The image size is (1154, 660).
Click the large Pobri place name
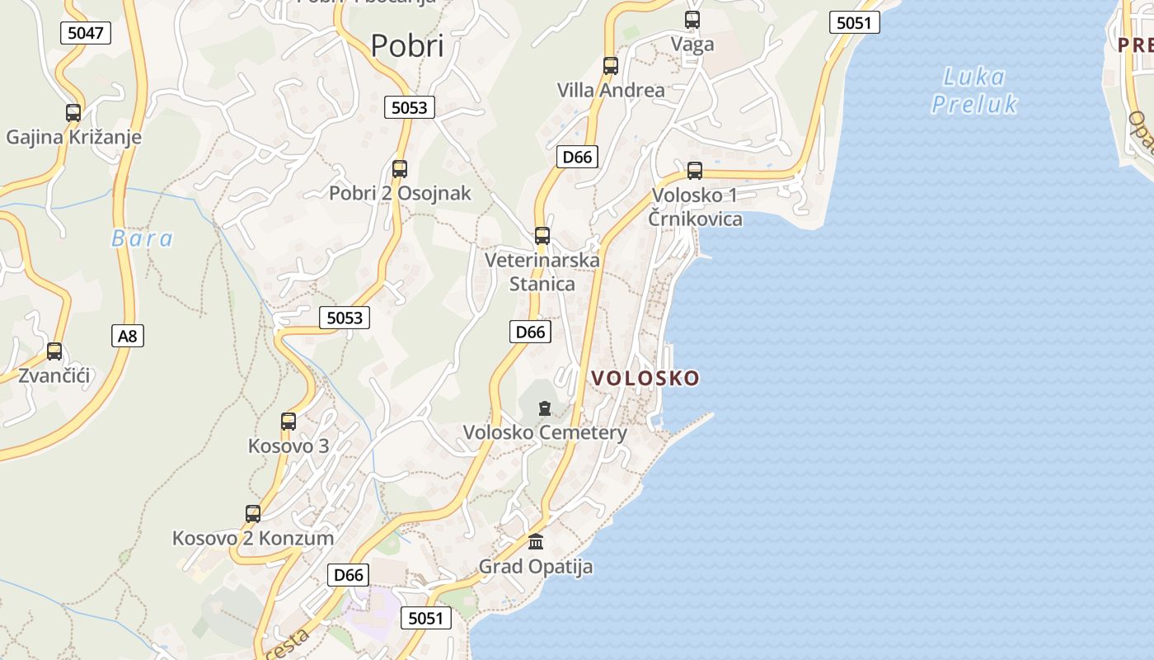coord(407,45)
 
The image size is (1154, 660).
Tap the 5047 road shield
coord(86,33)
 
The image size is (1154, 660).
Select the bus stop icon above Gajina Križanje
coord(73,113)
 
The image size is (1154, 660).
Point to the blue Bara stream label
coord(143,239)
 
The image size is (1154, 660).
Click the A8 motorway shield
coord(127,336)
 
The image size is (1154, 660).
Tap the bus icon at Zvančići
coord(54,351)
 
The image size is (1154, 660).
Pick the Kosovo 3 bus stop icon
coord(288,422)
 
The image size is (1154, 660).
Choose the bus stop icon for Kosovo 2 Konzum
coord(253,514)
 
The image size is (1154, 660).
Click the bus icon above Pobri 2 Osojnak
coord(400,169)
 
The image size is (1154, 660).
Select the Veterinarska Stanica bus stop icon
coord(542,236)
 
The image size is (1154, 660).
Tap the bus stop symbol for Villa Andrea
coord(611,66)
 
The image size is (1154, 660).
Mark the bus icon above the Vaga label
coord(692,20)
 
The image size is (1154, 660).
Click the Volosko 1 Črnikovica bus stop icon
coord(695,171)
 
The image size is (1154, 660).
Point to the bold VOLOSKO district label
coord(645,378)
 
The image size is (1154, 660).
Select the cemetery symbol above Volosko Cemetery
coord(544,408)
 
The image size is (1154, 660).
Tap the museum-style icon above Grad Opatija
coord(536,542)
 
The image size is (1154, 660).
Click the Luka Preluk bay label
coord(974,91)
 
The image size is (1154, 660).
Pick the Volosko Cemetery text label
coord(545,432)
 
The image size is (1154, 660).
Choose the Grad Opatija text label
coord(536,567)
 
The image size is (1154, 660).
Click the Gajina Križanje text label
coord(73,137)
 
